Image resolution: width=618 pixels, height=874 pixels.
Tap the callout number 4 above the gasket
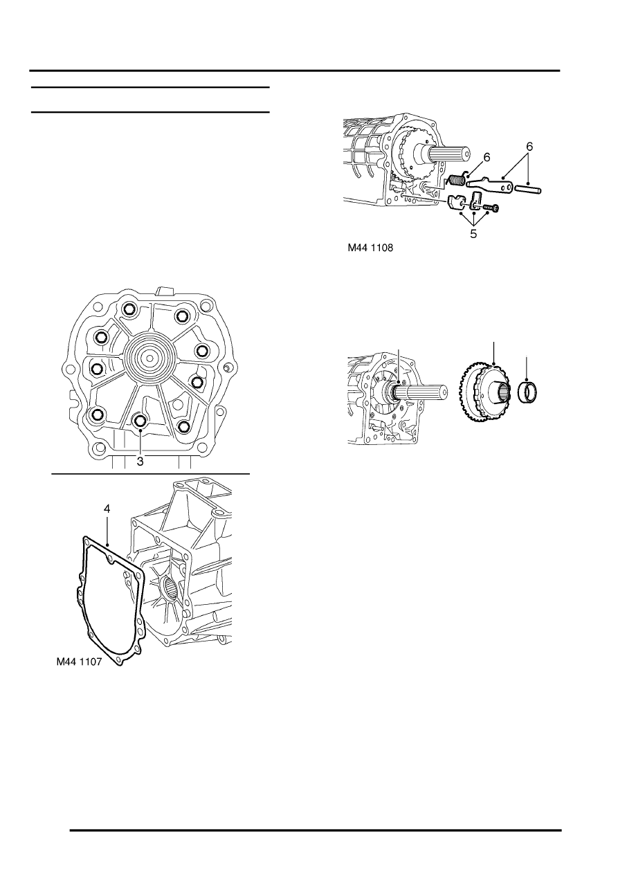(x=107, y=509)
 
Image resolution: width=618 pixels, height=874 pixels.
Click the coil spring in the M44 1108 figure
(x=457, y=181)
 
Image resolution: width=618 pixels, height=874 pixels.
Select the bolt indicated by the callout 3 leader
(x=141, y=421)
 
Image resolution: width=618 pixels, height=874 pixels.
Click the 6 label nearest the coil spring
(x=487, y=158)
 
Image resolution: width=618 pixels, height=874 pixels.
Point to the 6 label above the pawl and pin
(x=530, y=147)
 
